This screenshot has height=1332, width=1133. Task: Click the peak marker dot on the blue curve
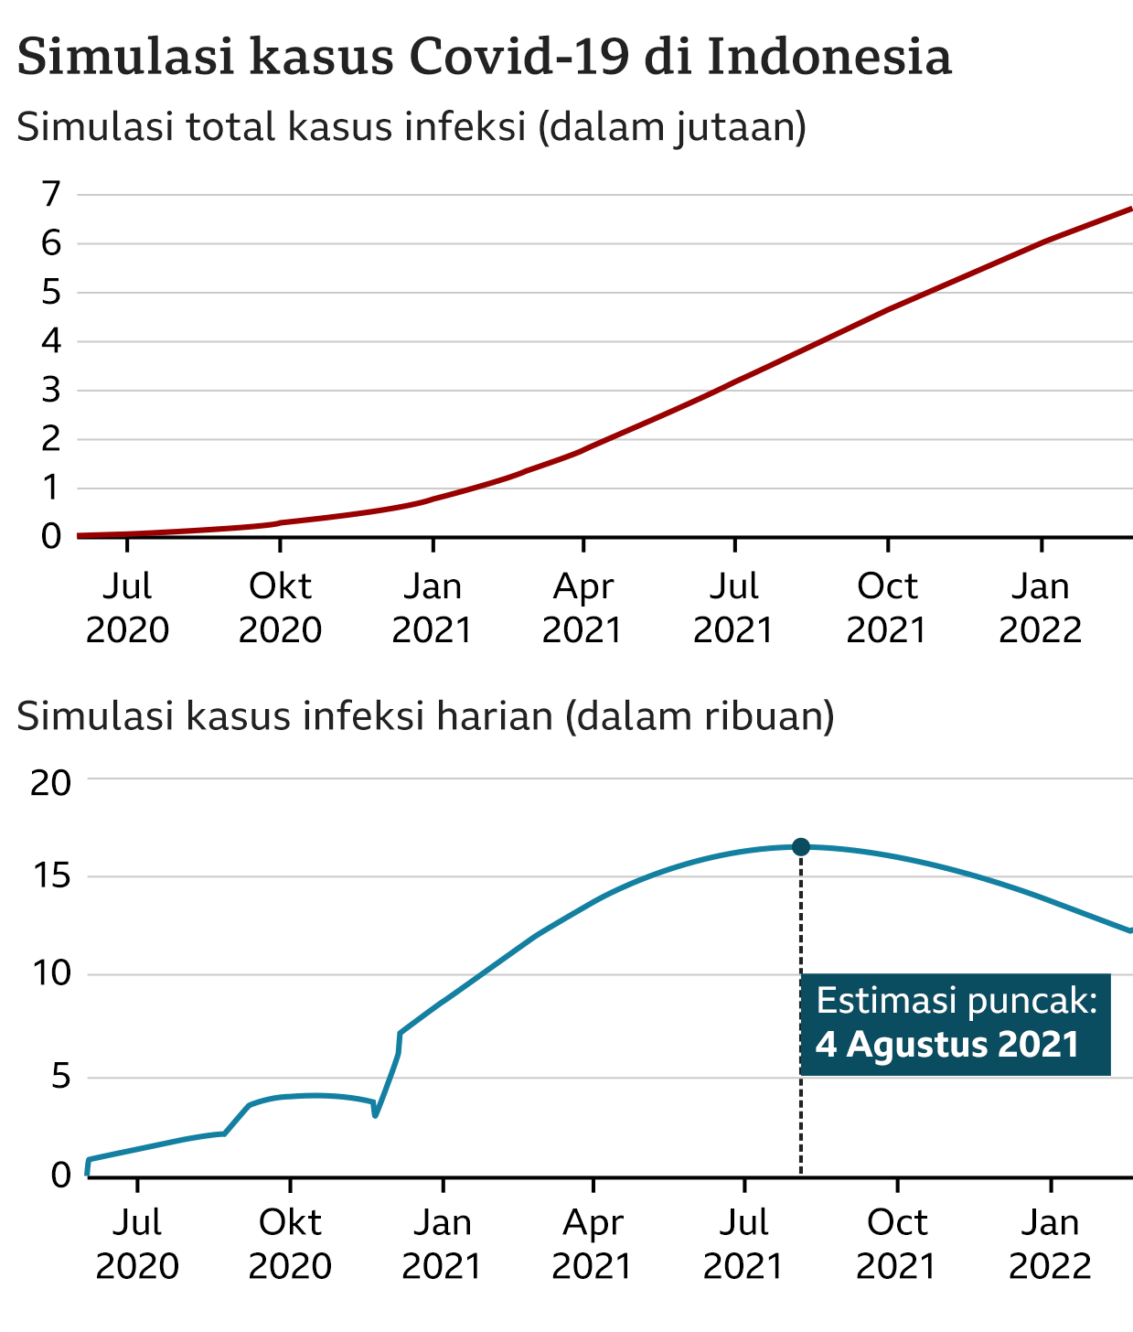coord(801,847)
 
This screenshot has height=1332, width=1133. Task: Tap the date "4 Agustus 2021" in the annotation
coord(947,1045)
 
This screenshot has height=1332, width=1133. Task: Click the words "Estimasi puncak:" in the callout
coord(956,1001)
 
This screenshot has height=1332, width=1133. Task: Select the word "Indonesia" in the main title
coord(829,57)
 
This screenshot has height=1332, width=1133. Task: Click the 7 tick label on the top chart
coord(51,194)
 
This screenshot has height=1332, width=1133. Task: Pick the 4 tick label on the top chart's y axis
coord(51,341)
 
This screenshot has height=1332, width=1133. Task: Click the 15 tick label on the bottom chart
coord(50,877)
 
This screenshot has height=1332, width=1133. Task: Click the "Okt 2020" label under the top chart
coord(281,608)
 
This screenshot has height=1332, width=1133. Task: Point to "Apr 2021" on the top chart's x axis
coord(583,608)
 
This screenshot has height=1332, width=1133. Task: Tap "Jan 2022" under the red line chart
coord(1041,608)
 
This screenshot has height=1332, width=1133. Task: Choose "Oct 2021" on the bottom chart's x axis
coord(897,1244)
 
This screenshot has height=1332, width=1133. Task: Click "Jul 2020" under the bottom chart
coord(137,1244)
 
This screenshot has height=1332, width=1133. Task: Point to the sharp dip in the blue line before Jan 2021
coord(375,1115)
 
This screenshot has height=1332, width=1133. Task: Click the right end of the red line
coord(1130,209)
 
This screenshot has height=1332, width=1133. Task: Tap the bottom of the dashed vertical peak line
coord(801,1173)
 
